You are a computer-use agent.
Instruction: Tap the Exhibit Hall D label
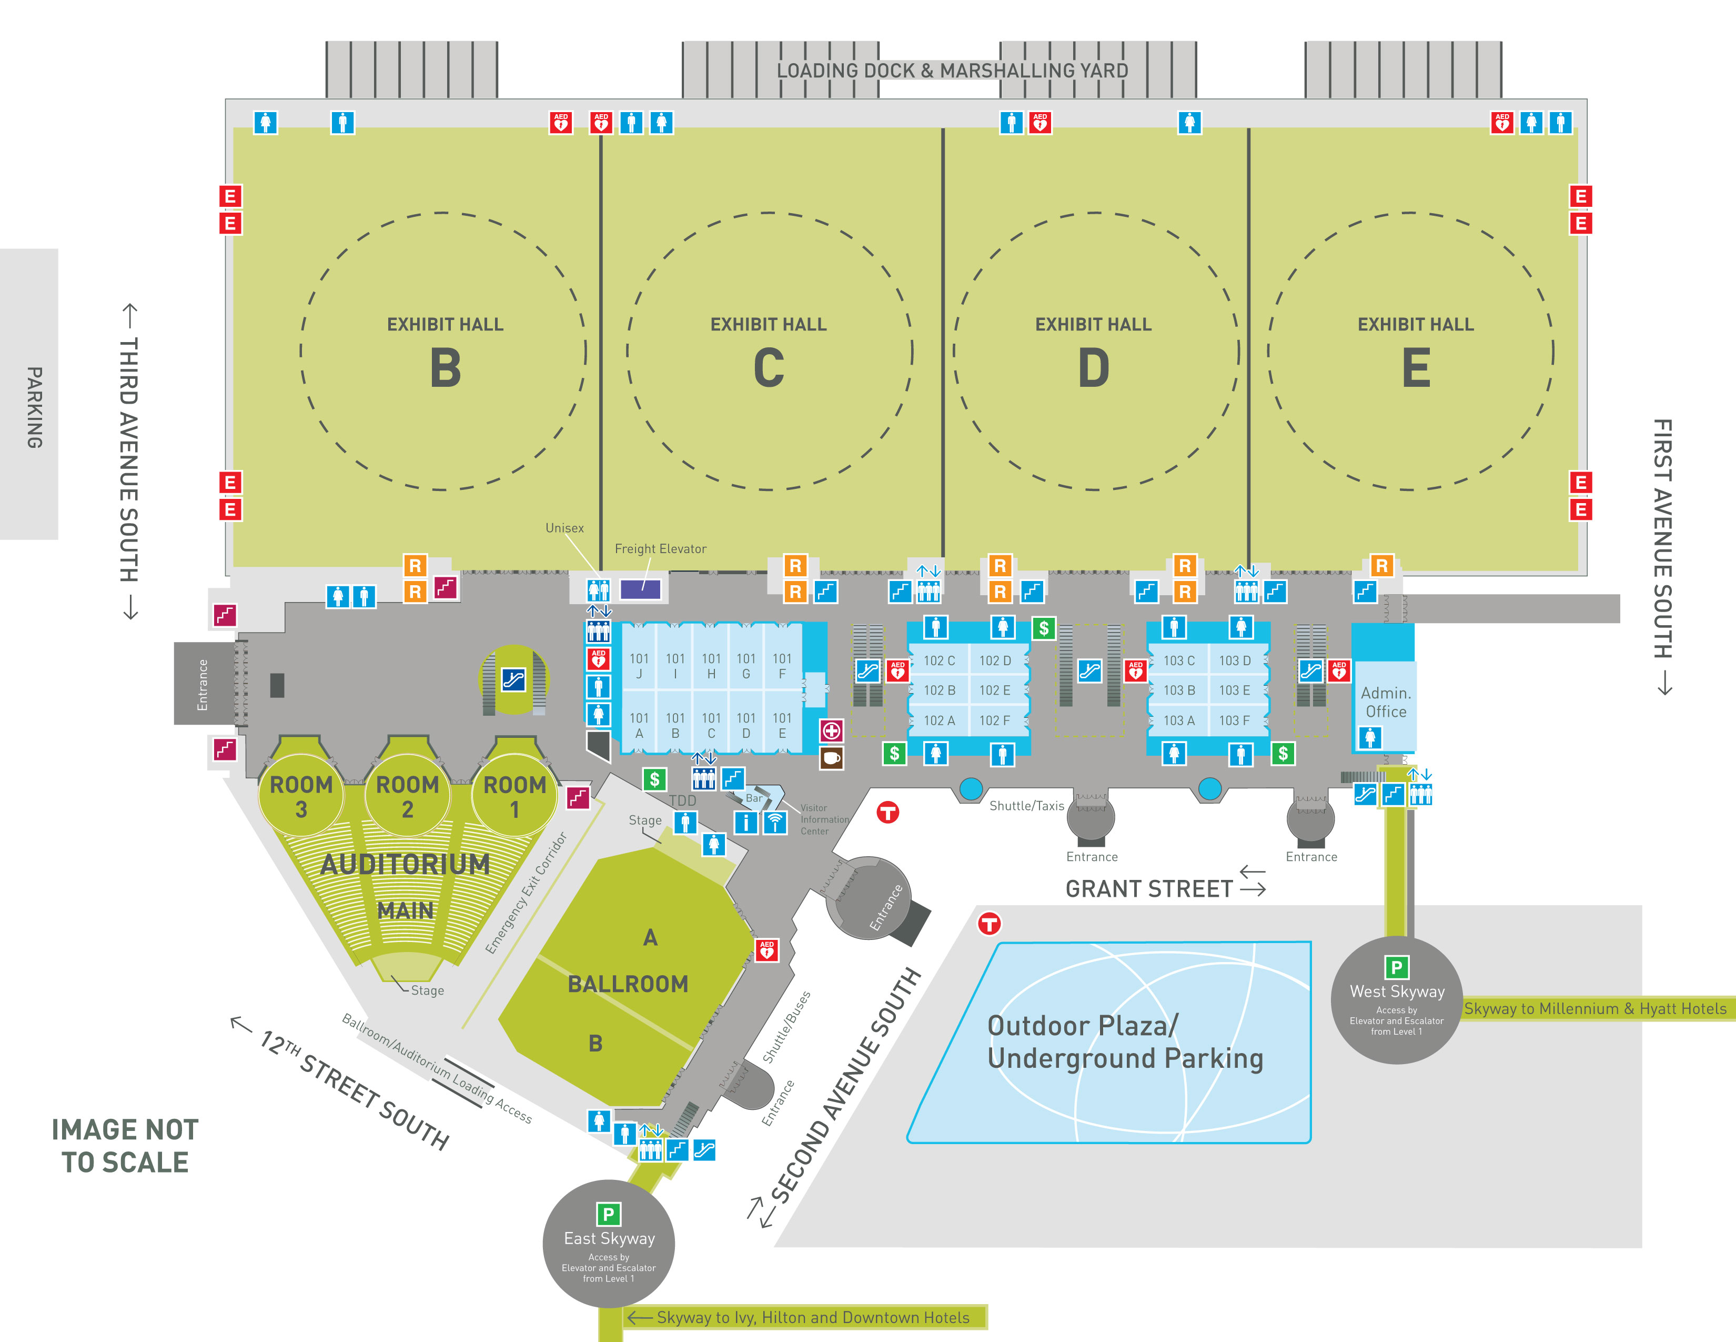pyautogui.click(x=1093, y=352)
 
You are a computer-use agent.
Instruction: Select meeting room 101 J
pyautogui.click(x=639, y=665)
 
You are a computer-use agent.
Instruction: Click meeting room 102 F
pyautogui.click(x=994, y=720)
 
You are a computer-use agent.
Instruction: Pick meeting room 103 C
pyautogui.click(x=1179, y=660)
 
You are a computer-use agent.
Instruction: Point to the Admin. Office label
pyautogui.click(x=1386, y=702)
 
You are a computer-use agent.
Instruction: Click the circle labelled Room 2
pyautogui.click(x=407, y=795)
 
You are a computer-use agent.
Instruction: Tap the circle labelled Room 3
pyautogui.click(x=301, y=795)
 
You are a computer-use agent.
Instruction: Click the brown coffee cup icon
pyautogui.click(x=831, y=758)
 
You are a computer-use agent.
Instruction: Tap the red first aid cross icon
pyautogui.click(x=831, y=730)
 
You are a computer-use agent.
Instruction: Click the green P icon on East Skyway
pyautogui.click(x=608, y=1214)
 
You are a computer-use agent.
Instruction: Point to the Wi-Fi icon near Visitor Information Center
pyautogui.click(x=775, y=822)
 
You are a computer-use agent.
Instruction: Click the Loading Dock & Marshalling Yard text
pyautogui.click(x=952, y=71)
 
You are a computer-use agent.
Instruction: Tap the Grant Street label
pyautogui.click(x=1148, y=889)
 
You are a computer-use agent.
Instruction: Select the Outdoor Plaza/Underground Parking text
pyautogui.click(x=1125, y=1042)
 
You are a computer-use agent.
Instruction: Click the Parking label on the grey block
pyautogui.click(x=34, y=407)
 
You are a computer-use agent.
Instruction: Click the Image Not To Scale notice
pyautogui.click(x=125, y=1146)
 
